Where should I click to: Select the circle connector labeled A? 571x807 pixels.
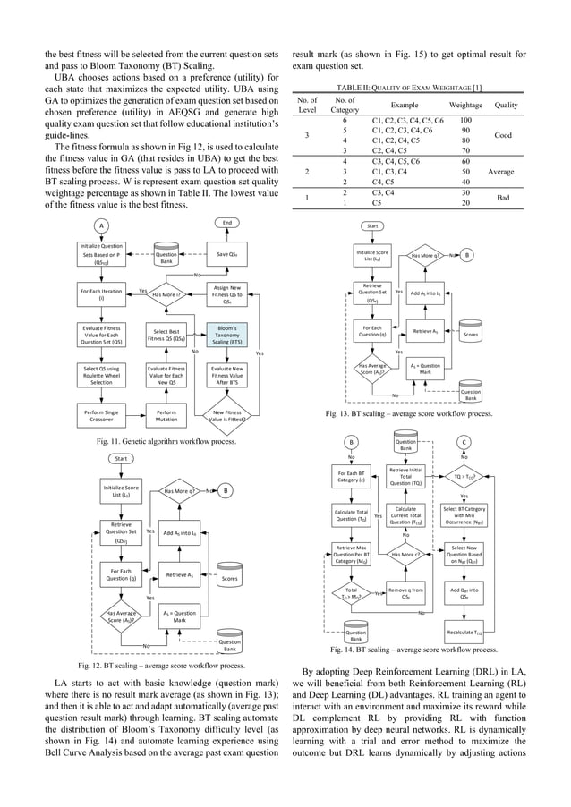click(102, 225)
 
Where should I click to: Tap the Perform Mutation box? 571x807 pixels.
click(166, 415)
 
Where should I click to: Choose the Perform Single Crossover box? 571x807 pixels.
click(102, 415)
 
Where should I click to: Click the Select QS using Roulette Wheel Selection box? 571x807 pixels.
click(102, 374)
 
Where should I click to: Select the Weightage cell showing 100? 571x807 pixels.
click(465, 120)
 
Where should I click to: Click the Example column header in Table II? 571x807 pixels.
click(397, 105)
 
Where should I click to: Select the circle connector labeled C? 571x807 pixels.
click(464, 441)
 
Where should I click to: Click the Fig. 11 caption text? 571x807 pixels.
click(166, 441)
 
